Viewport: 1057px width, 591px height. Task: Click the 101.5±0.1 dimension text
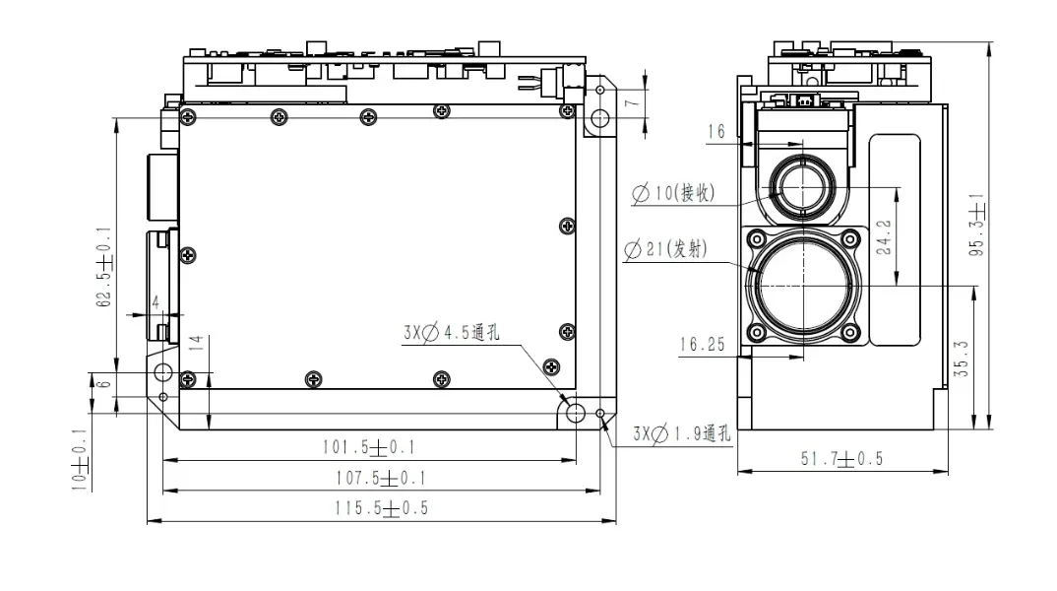tap(368, 447)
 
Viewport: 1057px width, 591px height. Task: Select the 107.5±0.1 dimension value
tap(381, 479)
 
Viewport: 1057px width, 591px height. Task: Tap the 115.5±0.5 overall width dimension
tap(382, 508)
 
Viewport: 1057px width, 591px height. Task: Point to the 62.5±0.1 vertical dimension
tap(104, 267)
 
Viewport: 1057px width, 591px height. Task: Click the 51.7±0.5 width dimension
tap(842, 459)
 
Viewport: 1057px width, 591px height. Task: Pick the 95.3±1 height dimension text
tap(976, 225)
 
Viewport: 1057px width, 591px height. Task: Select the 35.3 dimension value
tap(962, 359)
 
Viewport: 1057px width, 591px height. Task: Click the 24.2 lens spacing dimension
tap(884, 236)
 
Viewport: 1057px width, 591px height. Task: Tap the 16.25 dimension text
tap(703, 345)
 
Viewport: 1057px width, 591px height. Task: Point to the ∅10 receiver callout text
tap(673, 193)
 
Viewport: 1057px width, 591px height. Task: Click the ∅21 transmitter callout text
tap(666, 249)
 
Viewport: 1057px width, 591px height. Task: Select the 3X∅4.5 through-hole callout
tap(452, 332)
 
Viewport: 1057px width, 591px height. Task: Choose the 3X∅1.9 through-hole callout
tap(681, 433)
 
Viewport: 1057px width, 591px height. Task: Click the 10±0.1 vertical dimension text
tap(80, 459)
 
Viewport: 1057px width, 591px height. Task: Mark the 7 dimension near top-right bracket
tap(631, 103)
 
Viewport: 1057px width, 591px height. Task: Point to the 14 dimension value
tap(196, 343)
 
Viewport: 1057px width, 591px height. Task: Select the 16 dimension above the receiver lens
tap(715, 131)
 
